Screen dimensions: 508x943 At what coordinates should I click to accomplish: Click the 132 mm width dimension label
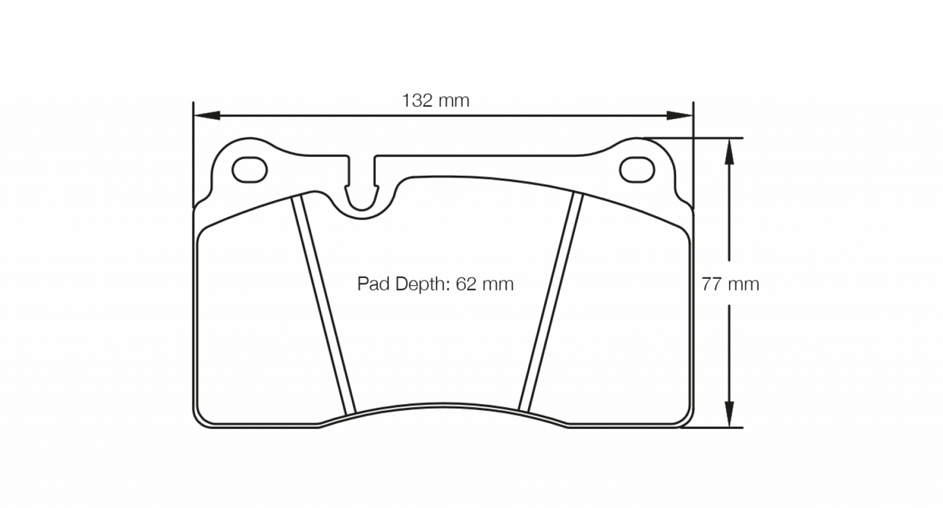pos(435,101)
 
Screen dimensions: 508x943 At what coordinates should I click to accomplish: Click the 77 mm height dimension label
pos(730,284)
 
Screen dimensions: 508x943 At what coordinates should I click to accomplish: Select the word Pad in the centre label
pos(370,284)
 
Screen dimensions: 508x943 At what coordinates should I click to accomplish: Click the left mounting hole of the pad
pos(250,170)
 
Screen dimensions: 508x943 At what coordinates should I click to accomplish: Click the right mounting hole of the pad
pos(636,170)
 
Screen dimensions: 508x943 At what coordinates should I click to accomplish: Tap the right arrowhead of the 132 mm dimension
pos(680,116)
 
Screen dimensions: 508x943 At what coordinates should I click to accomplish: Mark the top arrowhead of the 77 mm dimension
pos(730,150)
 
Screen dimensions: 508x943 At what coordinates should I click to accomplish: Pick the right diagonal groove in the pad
pos(550,300)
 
